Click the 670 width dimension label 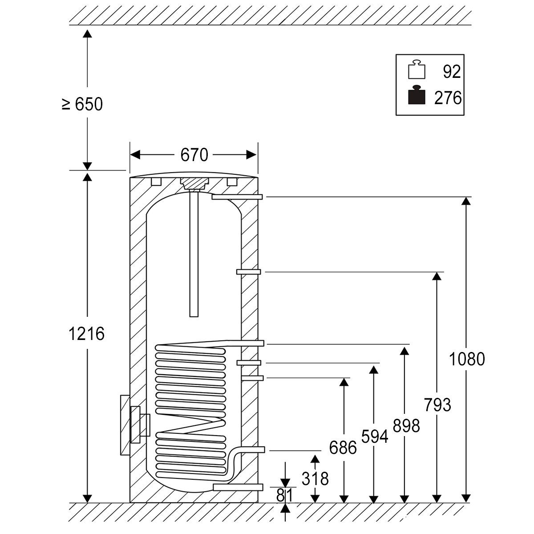click(194, 155)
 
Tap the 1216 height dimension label click(87, 333)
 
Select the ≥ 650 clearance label click(82, 104)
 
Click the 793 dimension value click(437, 405)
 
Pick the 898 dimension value click(406, 426)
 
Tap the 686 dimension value click(343, 447)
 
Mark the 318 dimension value click(315, 479)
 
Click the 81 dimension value click(285, 495)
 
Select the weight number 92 click(452, 72)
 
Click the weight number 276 click(448, 98)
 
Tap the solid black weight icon click(417, 95)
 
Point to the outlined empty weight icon click(417, 69)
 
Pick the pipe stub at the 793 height click(248, 272)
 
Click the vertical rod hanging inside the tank click(194, 254)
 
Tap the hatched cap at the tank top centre click(194, 183)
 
